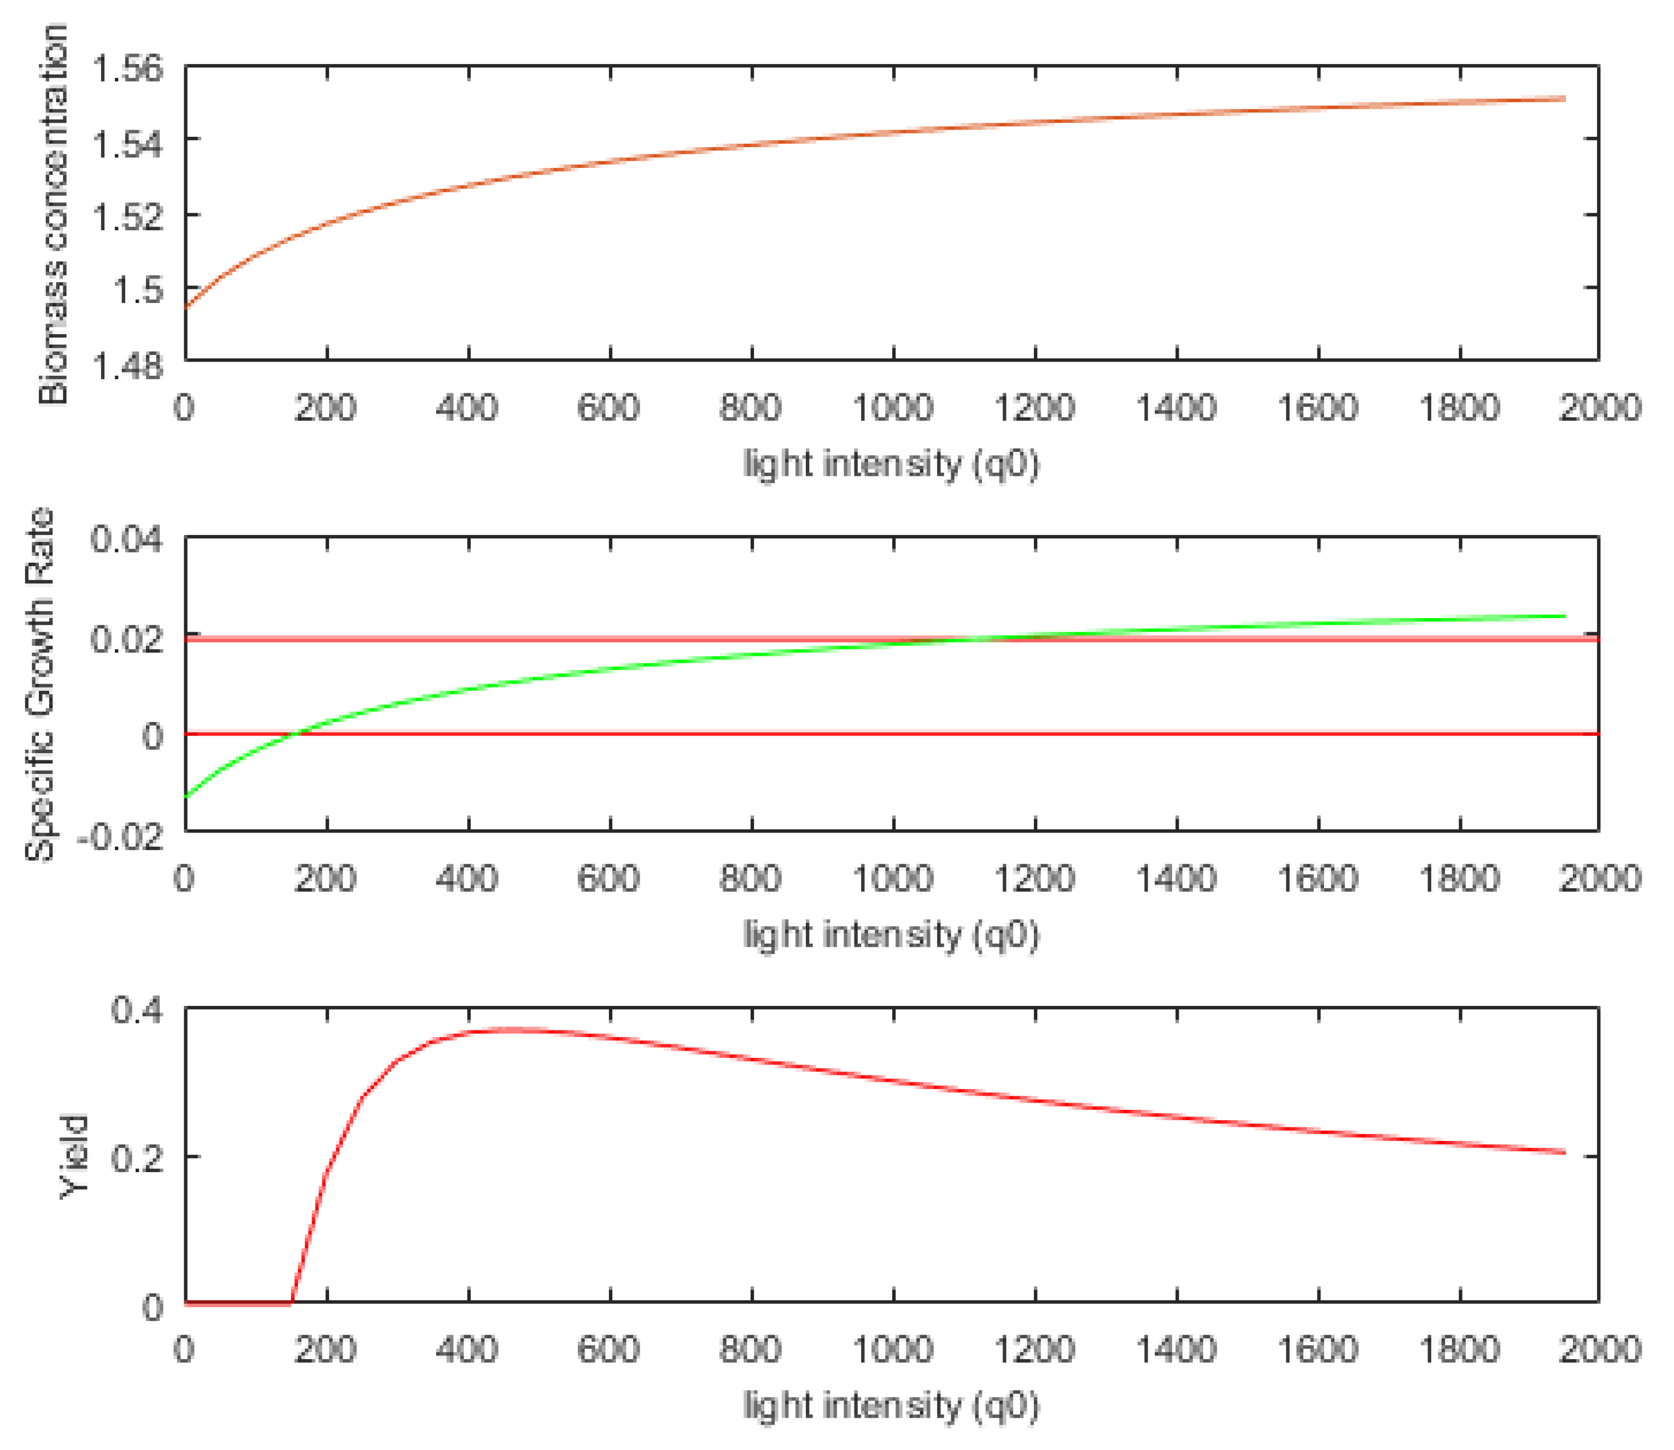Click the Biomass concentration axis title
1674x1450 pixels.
coord(52,214)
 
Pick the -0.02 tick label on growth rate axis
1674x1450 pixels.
coord(120,835)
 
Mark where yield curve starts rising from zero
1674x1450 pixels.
coord(291,1303)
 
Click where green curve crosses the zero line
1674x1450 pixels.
coord(295,734)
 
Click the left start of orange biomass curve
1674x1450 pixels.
coord(187,307)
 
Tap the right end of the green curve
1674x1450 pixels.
coord(1564,616)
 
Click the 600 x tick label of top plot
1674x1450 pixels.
coord(608,408)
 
